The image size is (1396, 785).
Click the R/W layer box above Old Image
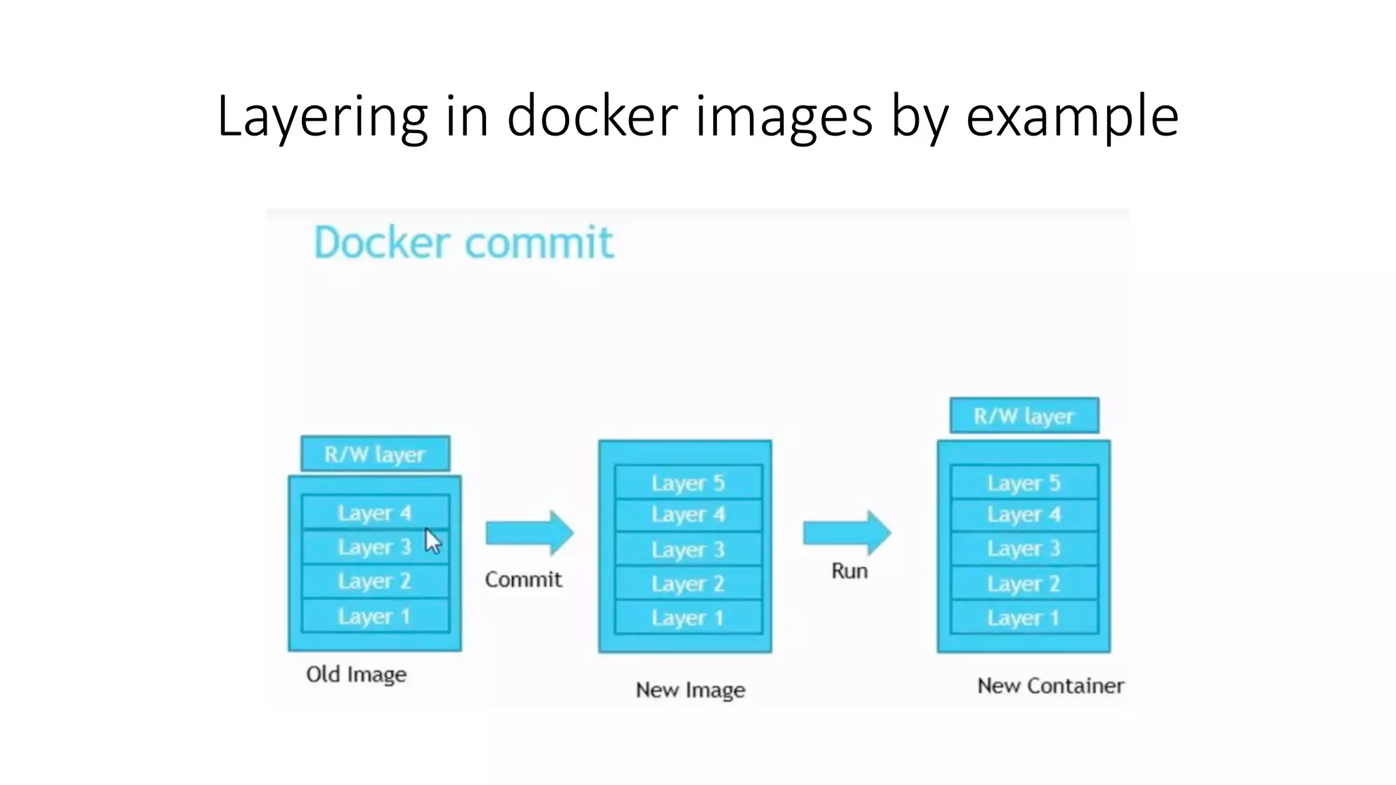coord(375,454)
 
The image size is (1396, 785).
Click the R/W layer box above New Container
coord(1024,416)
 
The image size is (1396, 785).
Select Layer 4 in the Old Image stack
coord(375,512)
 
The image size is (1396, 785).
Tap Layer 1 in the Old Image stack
coord(375,616)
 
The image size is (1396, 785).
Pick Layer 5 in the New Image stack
coord(688,482)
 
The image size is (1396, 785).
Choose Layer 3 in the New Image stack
coord(688,549)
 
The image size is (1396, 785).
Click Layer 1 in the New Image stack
coord(688,617)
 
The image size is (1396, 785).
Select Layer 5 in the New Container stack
coord(1024,482)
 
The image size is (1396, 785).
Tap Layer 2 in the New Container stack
coord(1024,583)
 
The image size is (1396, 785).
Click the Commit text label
coord(523,579)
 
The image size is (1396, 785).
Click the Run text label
coord(849,570)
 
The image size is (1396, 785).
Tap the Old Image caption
coord(356,675)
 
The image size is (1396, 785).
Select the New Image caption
coord(690,690)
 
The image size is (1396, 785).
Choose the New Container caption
coord(1050,686)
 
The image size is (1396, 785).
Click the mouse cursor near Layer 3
coord(433,542)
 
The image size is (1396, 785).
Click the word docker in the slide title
coord(592,116)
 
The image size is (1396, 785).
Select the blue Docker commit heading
coord(464,243)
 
